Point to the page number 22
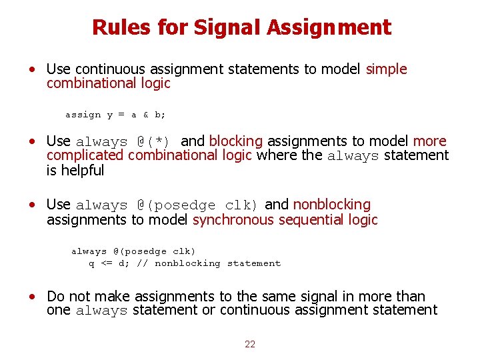[250, 344]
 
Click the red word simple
[386, 69]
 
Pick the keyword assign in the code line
[83, 115]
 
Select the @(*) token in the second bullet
[154, 141]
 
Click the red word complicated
[85, 155]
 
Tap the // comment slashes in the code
[142, 263]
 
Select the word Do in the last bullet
[55, 296]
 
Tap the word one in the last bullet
[59, 310]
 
